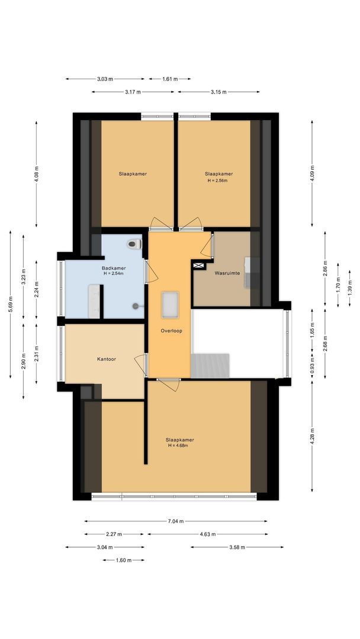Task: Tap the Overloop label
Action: point(171,331)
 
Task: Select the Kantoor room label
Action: point(107,359)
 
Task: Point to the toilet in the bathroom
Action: point(134,243)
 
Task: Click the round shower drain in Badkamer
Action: point(136,306)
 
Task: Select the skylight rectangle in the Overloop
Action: point(171,304)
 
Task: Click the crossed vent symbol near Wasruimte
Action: point(198,266)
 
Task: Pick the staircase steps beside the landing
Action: point(211,365)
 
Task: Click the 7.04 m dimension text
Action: point(175,521)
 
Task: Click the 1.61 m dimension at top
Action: point(170,79)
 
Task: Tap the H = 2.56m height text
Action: point(218,180)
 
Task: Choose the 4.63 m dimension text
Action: point(207,534)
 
